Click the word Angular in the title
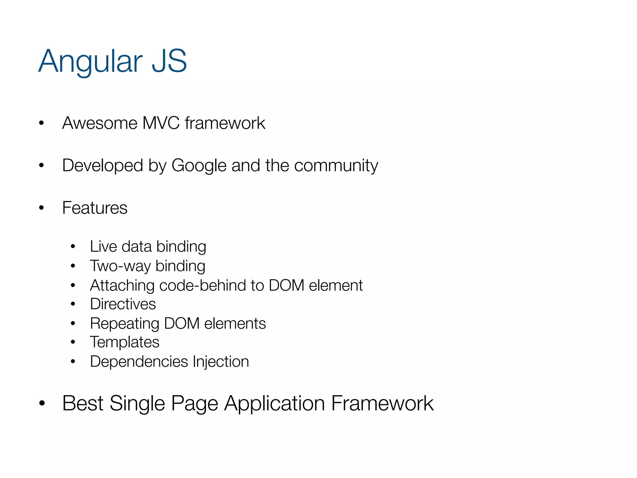[x=90, y=62]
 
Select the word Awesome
[x=100, y=123]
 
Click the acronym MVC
[x=161, y=123]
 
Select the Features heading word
[x=95, y=208]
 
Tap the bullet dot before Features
[x=41, y=208]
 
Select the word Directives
[x=123, y=304]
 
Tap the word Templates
[x=124, y=342]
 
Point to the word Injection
[x=221, y=362]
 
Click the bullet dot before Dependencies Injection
[x=73, y=362]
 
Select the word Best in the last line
[x=83, y=403]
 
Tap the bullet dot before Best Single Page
[x=42, y=403]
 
